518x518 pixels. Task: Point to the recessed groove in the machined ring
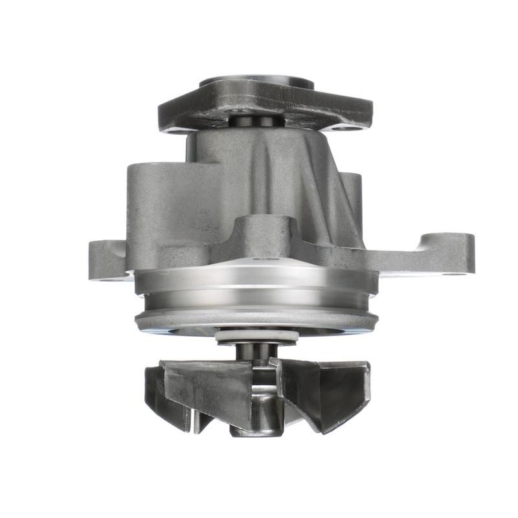(256, 301)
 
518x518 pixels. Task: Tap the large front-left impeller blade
(207, 388)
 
